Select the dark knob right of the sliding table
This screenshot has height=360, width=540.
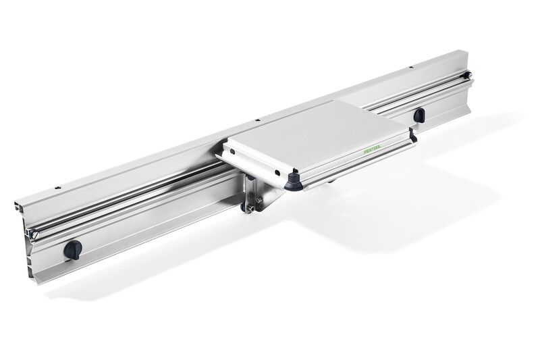[419, 114]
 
